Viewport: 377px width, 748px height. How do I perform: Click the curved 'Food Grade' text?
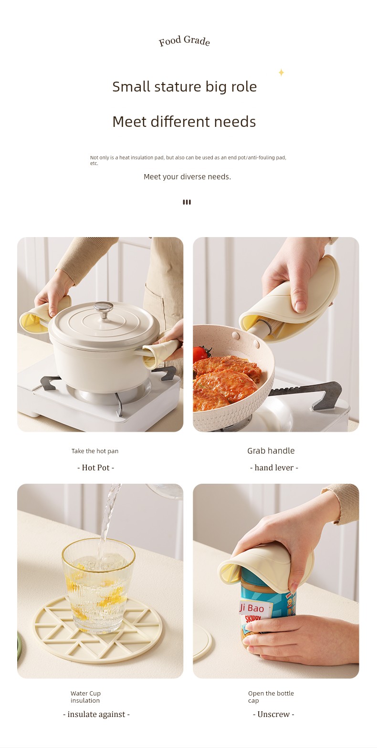pos(184,41)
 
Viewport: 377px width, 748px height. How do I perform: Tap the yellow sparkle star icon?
pos(281,72)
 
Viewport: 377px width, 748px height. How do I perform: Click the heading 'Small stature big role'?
pos(184,87)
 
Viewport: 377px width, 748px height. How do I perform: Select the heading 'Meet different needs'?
pos(184,122)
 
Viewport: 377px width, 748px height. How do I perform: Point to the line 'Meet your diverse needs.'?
pos(187,177)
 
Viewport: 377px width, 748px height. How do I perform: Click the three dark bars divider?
pos(187,202)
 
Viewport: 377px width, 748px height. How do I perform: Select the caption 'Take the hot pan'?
pos(95,451)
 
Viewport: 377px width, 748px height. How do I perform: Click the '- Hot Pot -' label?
pos(96,467)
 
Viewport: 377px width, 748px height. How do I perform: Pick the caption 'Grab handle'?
pos(271,451)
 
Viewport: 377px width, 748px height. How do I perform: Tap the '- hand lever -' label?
pos(274,467)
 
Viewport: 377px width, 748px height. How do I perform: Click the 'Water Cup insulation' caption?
pos(85,696)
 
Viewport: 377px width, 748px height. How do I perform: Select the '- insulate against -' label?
pos(96,714)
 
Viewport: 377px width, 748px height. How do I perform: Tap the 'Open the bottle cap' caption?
pos(271,696)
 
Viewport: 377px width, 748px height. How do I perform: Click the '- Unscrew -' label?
pos(273,714)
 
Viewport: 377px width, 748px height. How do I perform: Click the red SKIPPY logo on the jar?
pos(253,619)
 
